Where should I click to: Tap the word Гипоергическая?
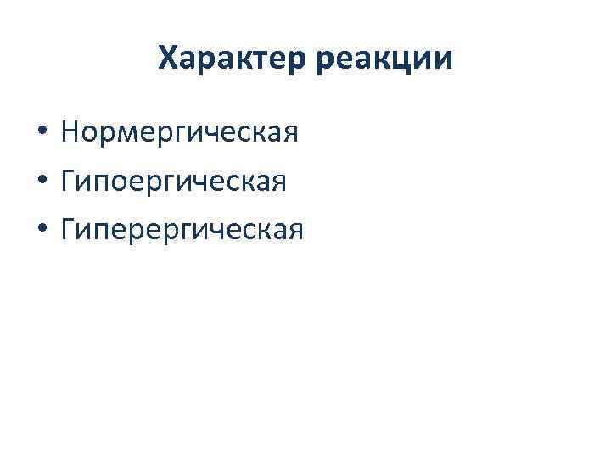[x=180, y=182]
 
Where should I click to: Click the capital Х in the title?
[x=170, y=59]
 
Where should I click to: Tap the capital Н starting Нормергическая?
[x=71, y=132]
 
